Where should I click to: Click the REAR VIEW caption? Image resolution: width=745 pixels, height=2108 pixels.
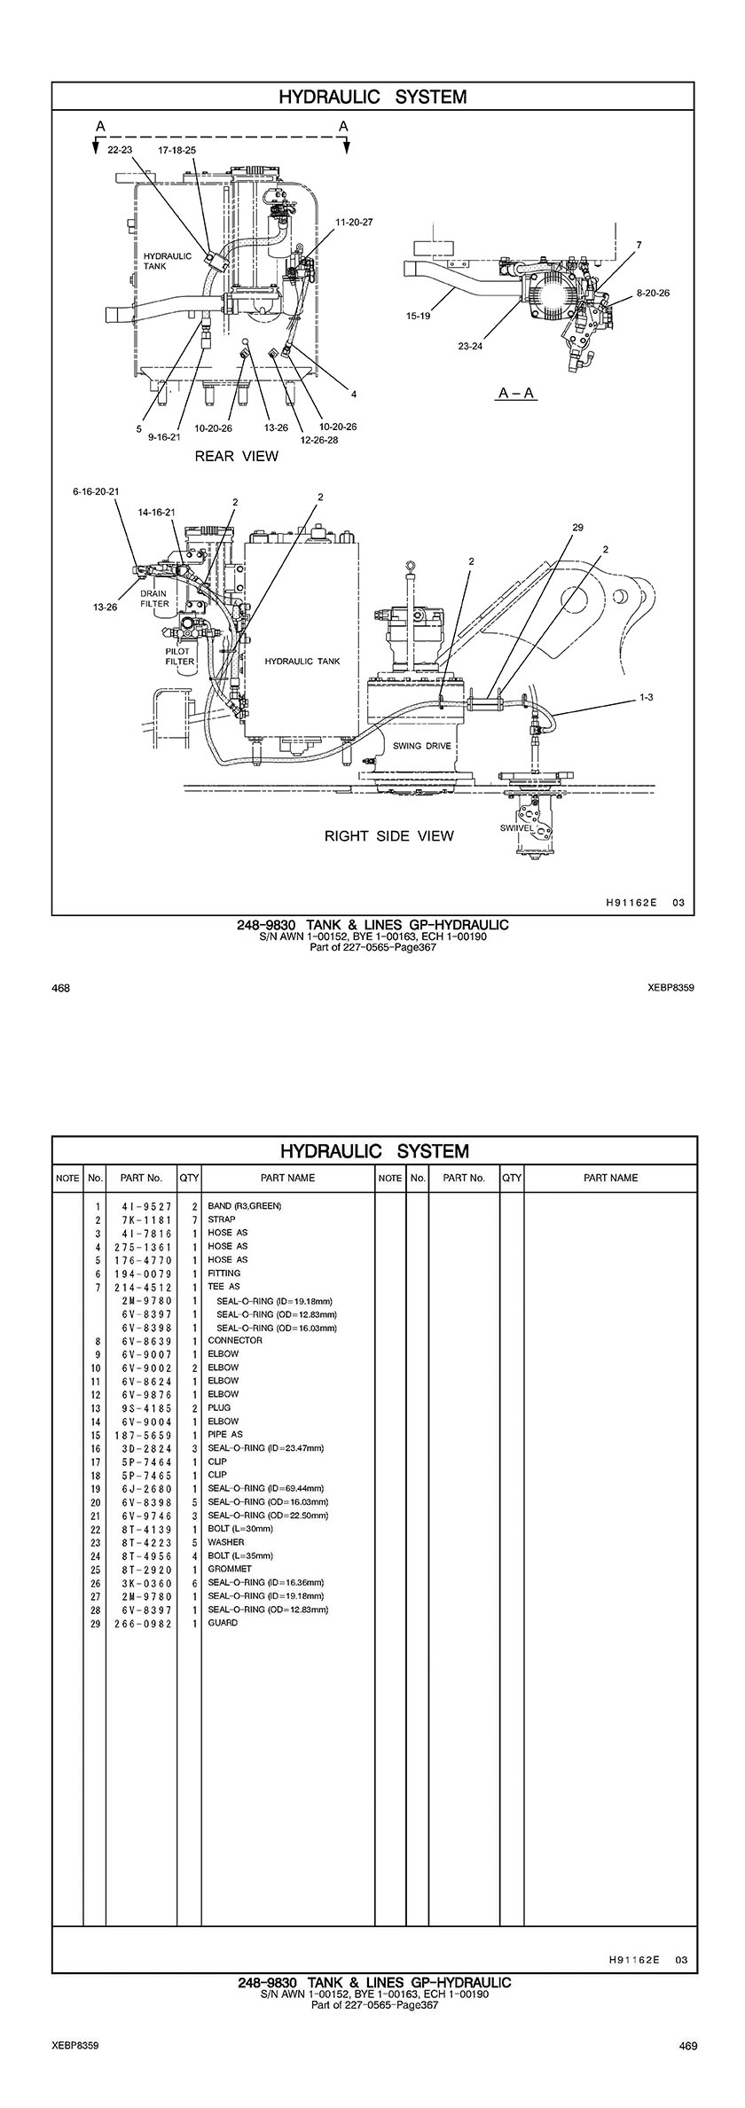coord(236,457)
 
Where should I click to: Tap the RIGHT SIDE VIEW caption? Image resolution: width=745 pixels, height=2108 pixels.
coord(388,835)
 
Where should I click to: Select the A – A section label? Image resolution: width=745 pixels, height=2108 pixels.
coord(516,393)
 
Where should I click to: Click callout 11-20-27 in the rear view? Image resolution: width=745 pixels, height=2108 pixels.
coord(354,222)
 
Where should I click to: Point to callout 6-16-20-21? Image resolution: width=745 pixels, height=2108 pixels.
coord(96,490)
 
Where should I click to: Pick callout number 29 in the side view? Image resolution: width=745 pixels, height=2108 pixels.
coord(577,528)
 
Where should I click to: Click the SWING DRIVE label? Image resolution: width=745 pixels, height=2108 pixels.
coord(422,746)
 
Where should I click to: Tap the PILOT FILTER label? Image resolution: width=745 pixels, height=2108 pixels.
coord(180,655)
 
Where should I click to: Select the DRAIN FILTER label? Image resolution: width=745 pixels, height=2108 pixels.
coord(154,599)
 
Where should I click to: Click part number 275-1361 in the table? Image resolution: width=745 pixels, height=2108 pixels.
coord(142,1246)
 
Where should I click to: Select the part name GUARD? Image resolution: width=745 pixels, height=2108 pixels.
coord(223,1623)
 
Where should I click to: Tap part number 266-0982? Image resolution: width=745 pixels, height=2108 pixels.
coord(142,1623)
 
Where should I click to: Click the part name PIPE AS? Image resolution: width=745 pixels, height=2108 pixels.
coord(225,1434)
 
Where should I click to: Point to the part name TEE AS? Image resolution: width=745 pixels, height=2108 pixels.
coord(223,1287)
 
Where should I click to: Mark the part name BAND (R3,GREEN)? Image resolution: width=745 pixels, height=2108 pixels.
coord(245,1206)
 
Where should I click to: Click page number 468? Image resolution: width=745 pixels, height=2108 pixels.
coord(60,987)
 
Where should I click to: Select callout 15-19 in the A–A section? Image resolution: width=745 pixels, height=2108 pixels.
coord(419,316)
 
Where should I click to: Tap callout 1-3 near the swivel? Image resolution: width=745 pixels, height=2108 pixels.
coord(646,698)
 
